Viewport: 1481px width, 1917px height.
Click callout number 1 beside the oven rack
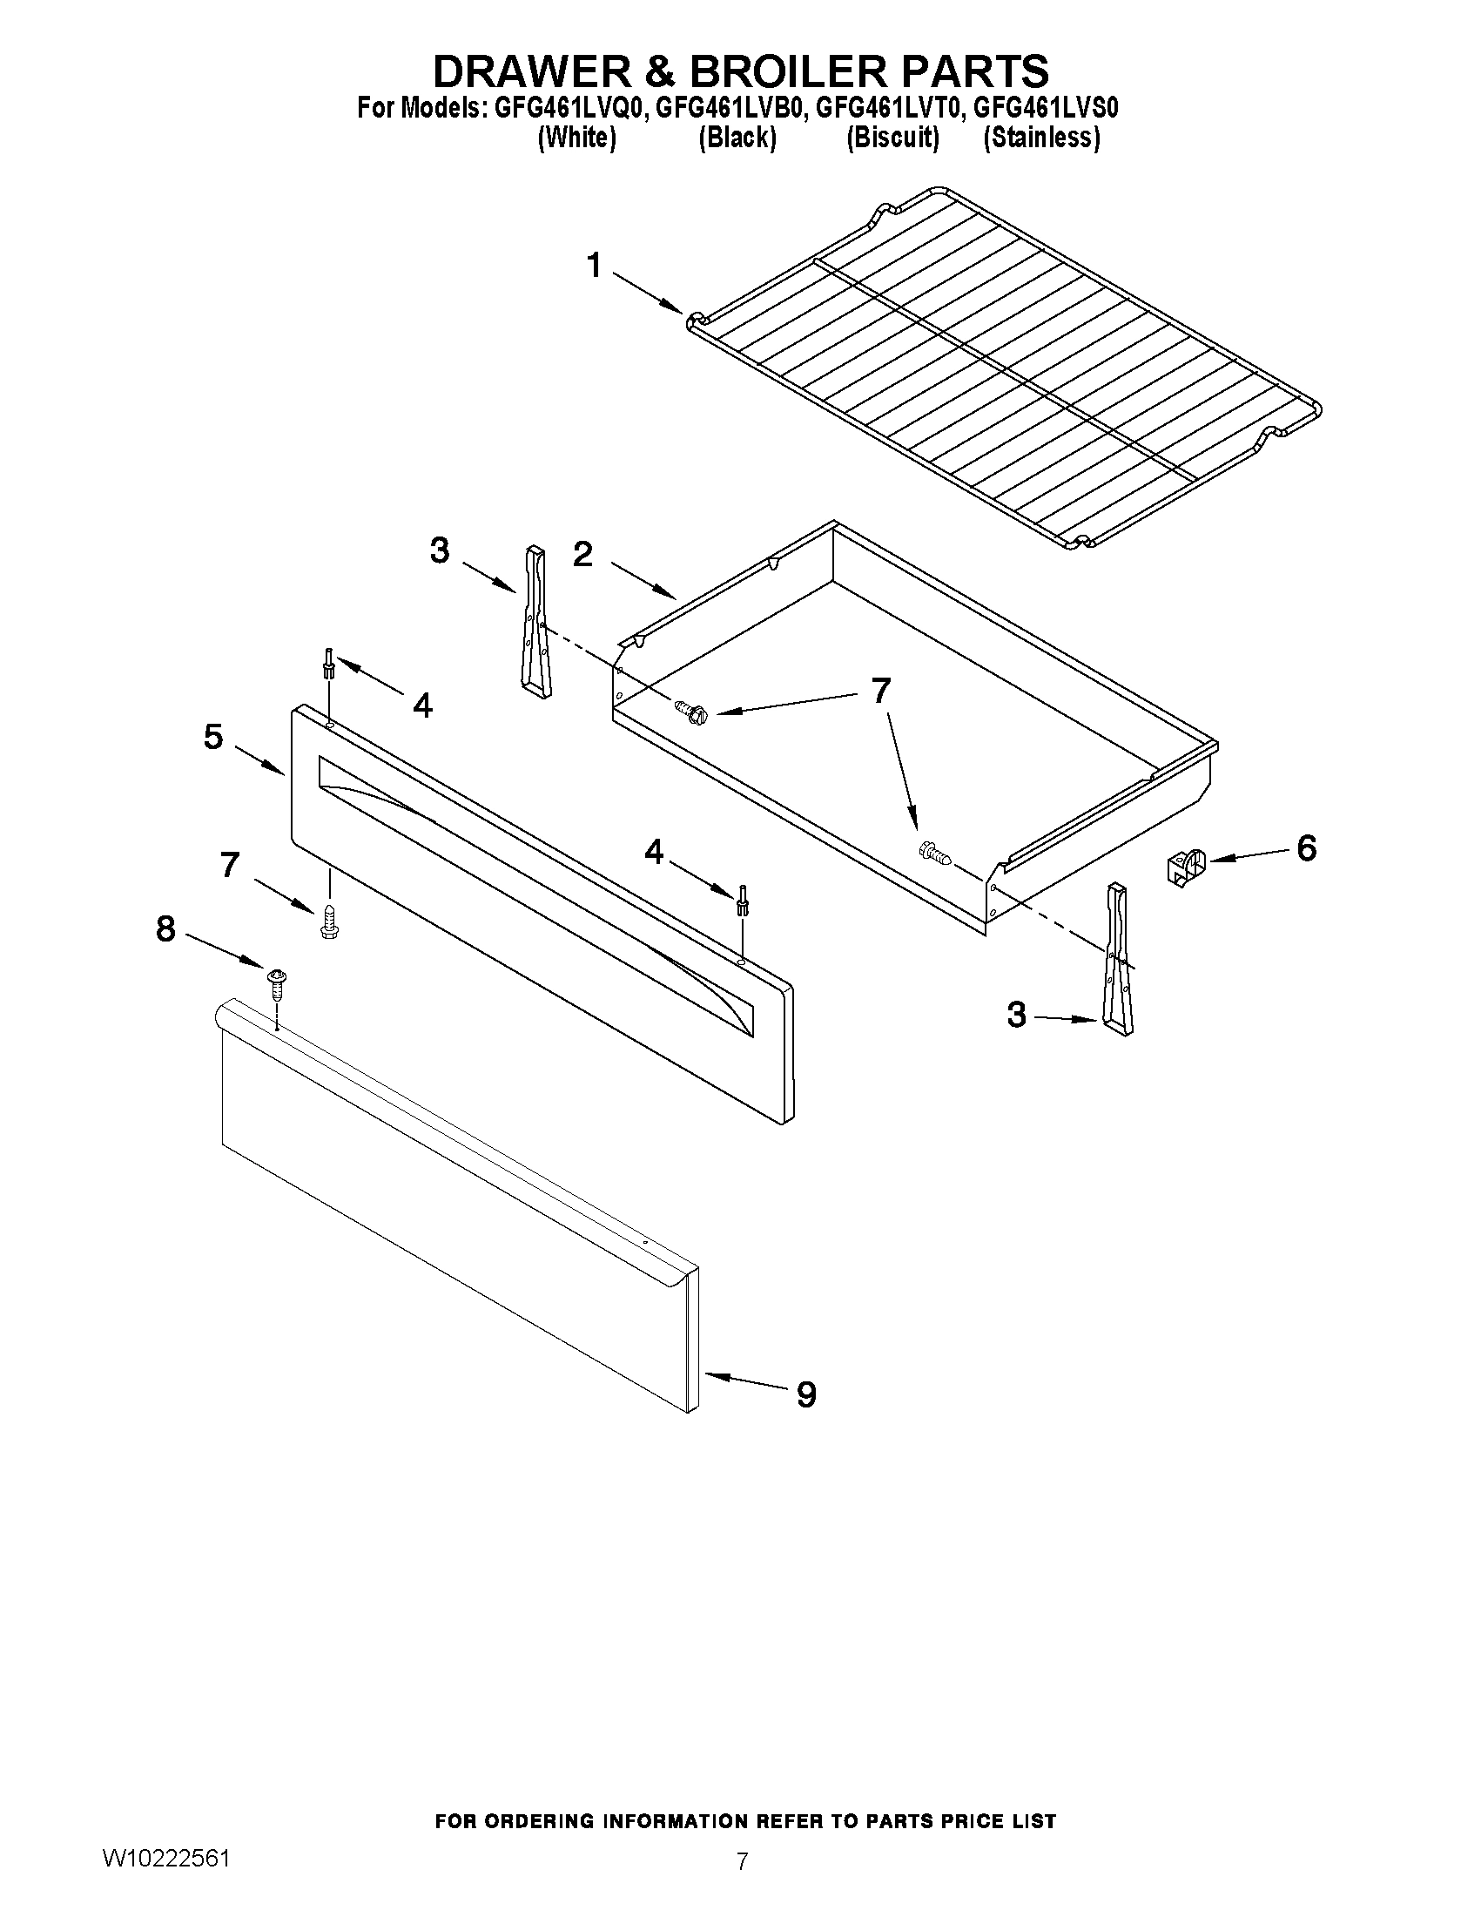click(595, 265)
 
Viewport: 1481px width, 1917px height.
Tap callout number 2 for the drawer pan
click(582, 555)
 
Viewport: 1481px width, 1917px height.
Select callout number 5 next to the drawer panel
click(213, 737)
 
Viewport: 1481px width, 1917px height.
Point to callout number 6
click(1306, 849)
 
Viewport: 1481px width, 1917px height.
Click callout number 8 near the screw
click(165, 928)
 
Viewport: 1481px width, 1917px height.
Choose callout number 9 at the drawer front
click(806, 1394)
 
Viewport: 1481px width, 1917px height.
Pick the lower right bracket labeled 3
click(1118, 961)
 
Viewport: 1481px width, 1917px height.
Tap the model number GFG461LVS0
click(1046, 108)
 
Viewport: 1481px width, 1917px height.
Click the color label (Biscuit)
click(892, 138)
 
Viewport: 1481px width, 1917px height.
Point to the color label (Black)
click(737, 138)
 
